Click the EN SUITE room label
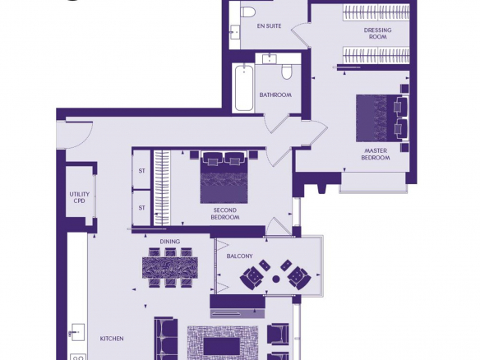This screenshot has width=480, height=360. coord(269,26)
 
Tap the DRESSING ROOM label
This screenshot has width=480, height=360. coord(378,34)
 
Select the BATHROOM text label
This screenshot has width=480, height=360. coord(275,95)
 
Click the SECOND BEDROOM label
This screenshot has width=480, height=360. coord(225,214)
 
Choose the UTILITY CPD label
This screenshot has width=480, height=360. coord(79,197)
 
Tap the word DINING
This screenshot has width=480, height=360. coord(170,242)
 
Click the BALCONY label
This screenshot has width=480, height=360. coord(239,256)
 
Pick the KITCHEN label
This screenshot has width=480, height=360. coord(112,339)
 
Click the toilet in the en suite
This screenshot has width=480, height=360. coord(248,12)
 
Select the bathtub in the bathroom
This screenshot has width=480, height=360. coord(244,88)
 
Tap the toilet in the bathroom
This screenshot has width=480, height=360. coord(287,72)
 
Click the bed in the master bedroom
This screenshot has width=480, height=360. coord(382,118)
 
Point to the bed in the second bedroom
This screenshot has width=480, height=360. coord(224,177)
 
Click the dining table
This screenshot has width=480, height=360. coord(170,268)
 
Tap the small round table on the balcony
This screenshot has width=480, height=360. coord(276,279)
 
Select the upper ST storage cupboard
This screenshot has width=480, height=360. coord(141,169)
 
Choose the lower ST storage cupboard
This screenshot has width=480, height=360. coord(141,208)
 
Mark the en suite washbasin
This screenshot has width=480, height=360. coord(235,31)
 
